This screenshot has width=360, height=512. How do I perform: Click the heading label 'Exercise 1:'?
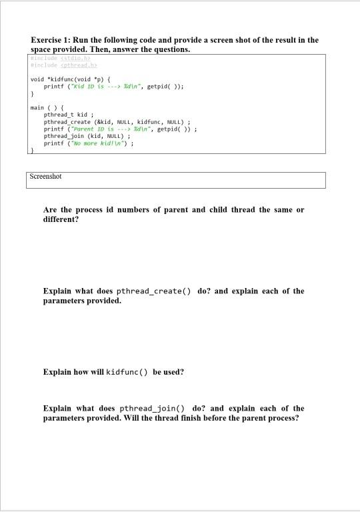53,40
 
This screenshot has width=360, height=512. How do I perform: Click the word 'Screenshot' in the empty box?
46,177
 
